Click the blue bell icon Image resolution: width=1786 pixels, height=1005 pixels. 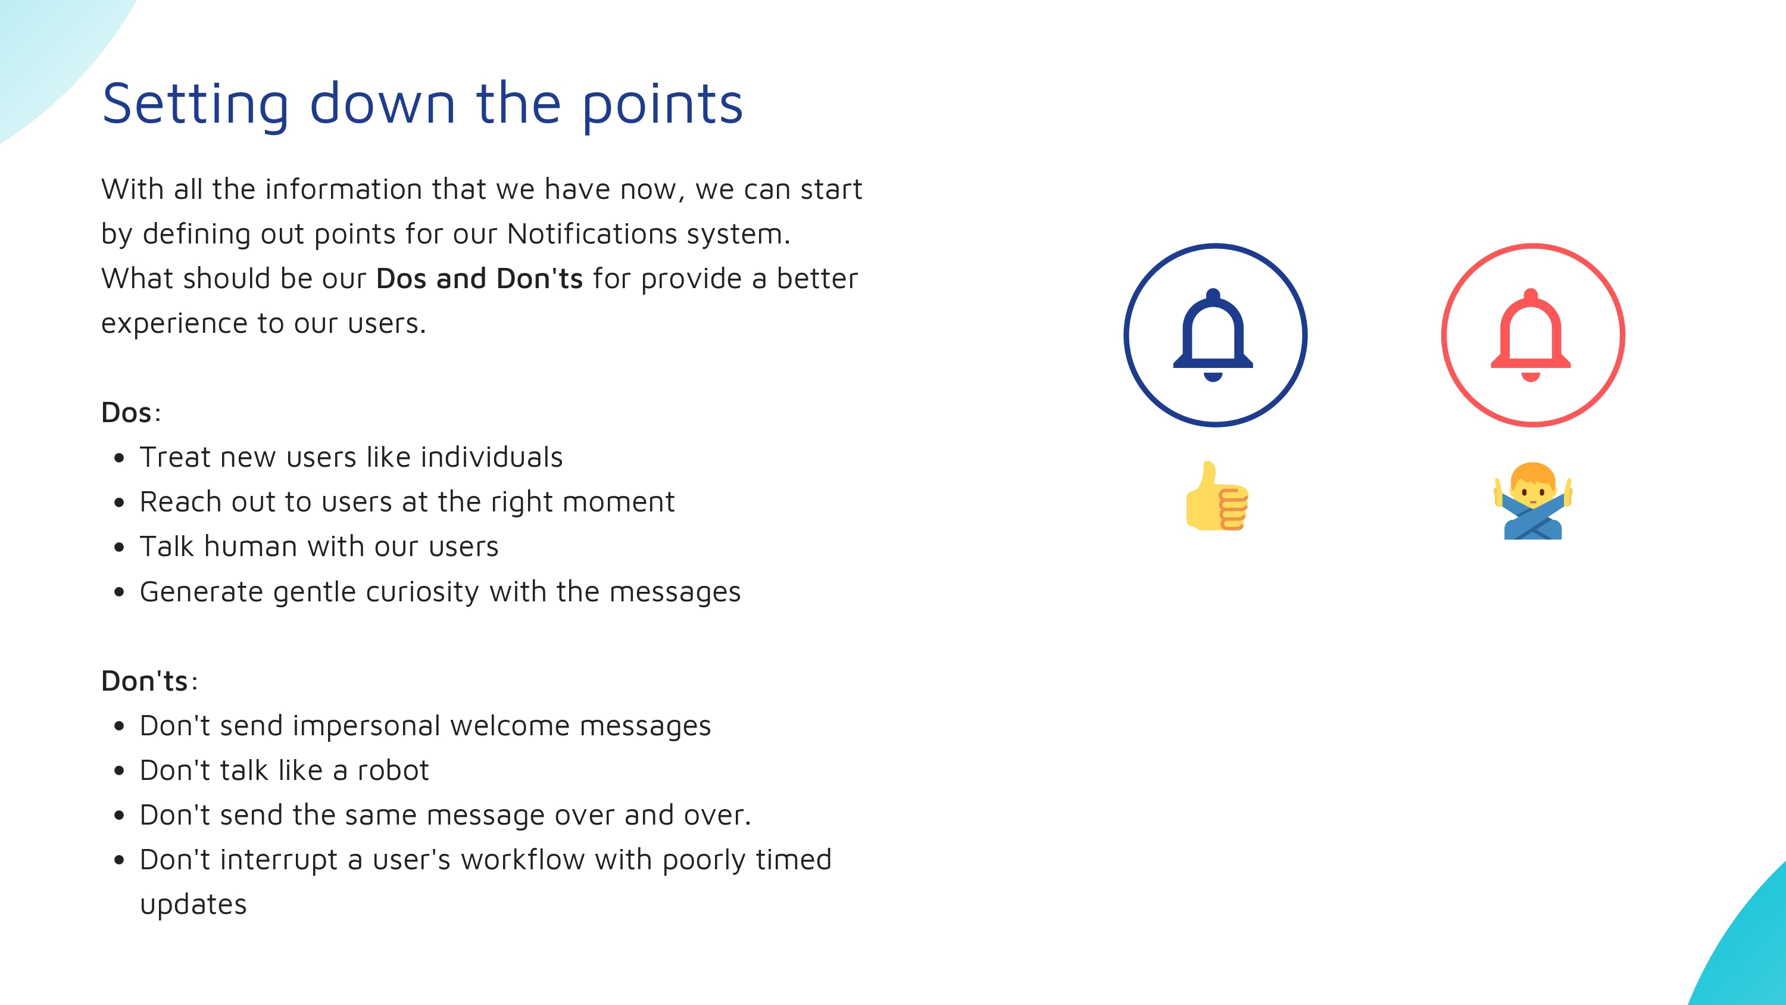tap(1213, 335)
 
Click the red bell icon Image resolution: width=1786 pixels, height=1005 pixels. tap(1531, 335)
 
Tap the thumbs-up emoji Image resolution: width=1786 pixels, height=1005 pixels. tap(1217, 496)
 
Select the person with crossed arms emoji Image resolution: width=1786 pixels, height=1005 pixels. tap(1533, 501)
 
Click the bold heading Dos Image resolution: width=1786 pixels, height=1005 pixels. tap(126, 413)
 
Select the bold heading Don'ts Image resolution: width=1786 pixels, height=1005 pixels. tap(144, 681)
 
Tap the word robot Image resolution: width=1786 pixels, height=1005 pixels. tap(393, 770)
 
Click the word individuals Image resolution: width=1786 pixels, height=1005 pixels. tap(492, 457)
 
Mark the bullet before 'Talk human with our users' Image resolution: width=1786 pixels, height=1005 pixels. tap(119, 547)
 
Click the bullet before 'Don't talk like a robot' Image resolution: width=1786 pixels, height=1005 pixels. tap(119, 770)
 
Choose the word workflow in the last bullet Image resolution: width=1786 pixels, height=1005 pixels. tap(523, 860)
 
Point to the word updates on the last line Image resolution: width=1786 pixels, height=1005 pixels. tap(193, 905)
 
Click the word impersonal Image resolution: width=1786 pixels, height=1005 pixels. tap(367, 726)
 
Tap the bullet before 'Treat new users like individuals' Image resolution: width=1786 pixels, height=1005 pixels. tap(119, 458)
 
